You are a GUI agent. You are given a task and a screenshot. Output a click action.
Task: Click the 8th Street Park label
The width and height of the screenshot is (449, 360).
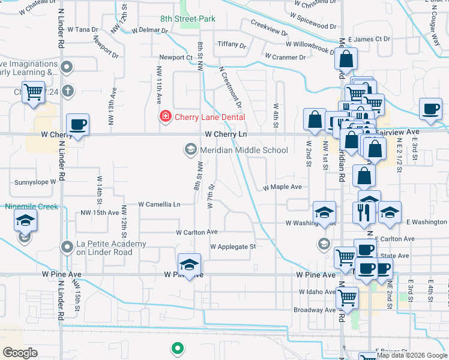click(x=187, y=19)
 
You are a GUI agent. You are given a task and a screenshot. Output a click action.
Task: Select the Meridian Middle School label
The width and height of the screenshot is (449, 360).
click(x=244, y=150)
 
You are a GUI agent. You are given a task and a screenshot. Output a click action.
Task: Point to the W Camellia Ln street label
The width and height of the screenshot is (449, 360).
click(x=159, y=205)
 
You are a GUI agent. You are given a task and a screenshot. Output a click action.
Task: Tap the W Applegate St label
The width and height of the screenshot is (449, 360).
click(x=233, y=246)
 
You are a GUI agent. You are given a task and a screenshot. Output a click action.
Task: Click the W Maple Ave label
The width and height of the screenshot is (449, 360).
click(x=282, y=187)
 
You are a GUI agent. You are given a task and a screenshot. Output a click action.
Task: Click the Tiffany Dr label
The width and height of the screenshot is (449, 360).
click(x=232, y=44)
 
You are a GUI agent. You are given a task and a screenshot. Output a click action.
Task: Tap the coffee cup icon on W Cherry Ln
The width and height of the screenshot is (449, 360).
click(x=77, y=125)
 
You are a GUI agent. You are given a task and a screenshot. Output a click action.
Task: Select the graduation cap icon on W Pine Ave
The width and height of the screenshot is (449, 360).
click(x=189, y=265)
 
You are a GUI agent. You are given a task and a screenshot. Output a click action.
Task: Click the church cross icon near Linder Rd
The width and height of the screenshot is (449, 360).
click(x=68, y=91)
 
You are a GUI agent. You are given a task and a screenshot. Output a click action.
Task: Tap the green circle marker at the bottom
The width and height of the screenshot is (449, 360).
click(x=177, y=347)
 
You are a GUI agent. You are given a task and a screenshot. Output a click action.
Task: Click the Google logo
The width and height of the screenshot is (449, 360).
click(x=20, y=353)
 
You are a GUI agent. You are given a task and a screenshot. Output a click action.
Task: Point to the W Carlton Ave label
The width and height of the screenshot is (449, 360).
click(x=196, y=232)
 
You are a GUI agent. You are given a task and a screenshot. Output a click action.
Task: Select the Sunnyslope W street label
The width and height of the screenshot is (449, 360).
click(x=35, y=181)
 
